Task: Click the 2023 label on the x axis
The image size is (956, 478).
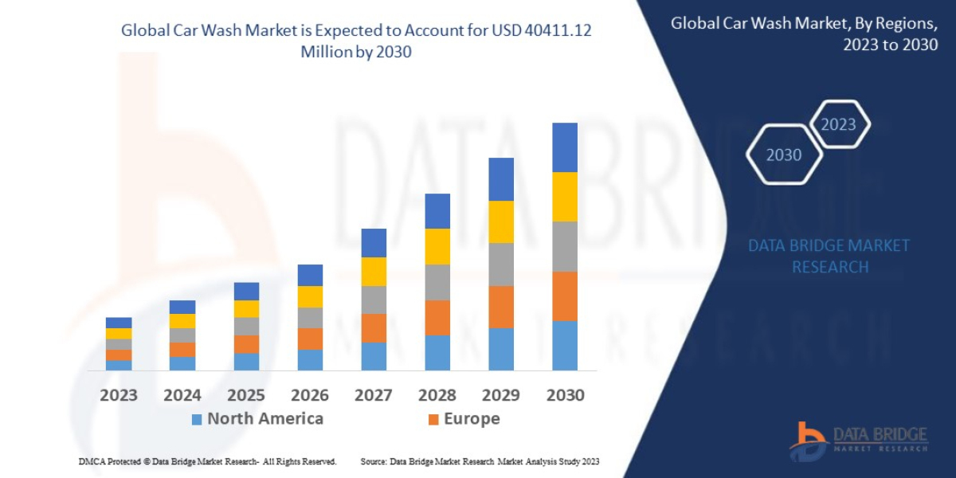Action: coord(119,395)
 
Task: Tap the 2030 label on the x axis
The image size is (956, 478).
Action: coord(565,395)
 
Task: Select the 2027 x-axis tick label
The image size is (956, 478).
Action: coord(374,395)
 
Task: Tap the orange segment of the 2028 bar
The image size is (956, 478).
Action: coord(437,318)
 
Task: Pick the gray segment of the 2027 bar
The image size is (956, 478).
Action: coord(374,300)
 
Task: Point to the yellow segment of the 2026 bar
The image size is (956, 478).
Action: coord(310,296)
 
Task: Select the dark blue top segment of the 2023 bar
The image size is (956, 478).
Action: coord(119,323)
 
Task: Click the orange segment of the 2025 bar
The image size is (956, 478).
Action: coord(246,344)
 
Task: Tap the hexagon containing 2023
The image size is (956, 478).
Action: coord(838,124)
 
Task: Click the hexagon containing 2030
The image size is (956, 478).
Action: coord(784,155)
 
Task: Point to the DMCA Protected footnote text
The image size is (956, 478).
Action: coord(207,461)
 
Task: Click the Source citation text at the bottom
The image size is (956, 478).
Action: coord(480,461)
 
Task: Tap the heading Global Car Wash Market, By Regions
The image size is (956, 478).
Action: coord(805,33)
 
